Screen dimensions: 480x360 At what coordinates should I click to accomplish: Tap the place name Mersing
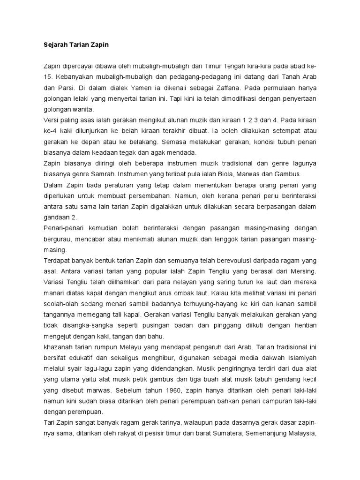(301, 271)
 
